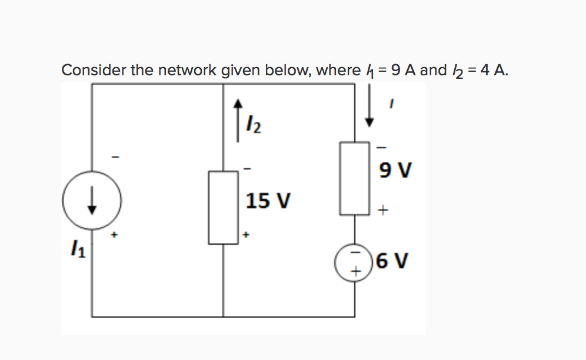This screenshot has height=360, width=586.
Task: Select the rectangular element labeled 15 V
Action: coord(223,207)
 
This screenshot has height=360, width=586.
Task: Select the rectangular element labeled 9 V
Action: coord(354,178)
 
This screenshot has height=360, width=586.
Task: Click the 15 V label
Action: coord(268,201)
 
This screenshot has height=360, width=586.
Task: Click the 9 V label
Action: coord(395,171)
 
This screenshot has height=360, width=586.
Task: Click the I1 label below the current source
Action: coord(78,254)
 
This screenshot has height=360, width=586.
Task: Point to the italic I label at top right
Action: coord(391,103)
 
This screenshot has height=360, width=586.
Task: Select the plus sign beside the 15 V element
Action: coord(247,234)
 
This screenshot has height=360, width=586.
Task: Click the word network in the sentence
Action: coord(188,71)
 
